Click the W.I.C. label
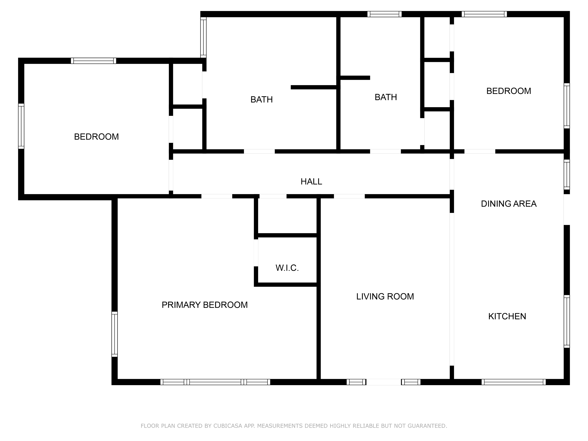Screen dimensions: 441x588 287,268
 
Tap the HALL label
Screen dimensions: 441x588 311,181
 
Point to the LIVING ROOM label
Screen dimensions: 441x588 385,296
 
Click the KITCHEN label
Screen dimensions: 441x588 507,316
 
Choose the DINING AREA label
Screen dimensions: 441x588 508,204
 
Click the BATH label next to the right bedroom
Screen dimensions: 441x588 386,97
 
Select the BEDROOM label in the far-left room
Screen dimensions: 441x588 96,137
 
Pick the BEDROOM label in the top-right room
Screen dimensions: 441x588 508,91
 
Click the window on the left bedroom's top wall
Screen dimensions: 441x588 93,61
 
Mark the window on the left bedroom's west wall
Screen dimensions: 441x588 21,126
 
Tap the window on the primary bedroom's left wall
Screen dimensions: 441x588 115,334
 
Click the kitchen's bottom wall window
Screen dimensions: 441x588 513,382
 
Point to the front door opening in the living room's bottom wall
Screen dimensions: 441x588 383,382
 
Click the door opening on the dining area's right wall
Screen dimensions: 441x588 566,210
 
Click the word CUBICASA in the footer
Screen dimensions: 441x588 228,426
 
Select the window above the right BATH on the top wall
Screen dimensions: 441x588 384,14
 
